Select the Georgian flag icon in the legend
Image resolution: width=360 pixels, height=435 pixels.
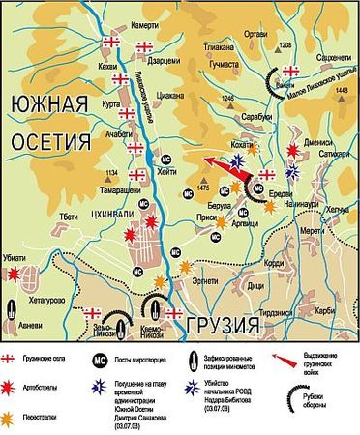pyautogui.click(x=12, y=357)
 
